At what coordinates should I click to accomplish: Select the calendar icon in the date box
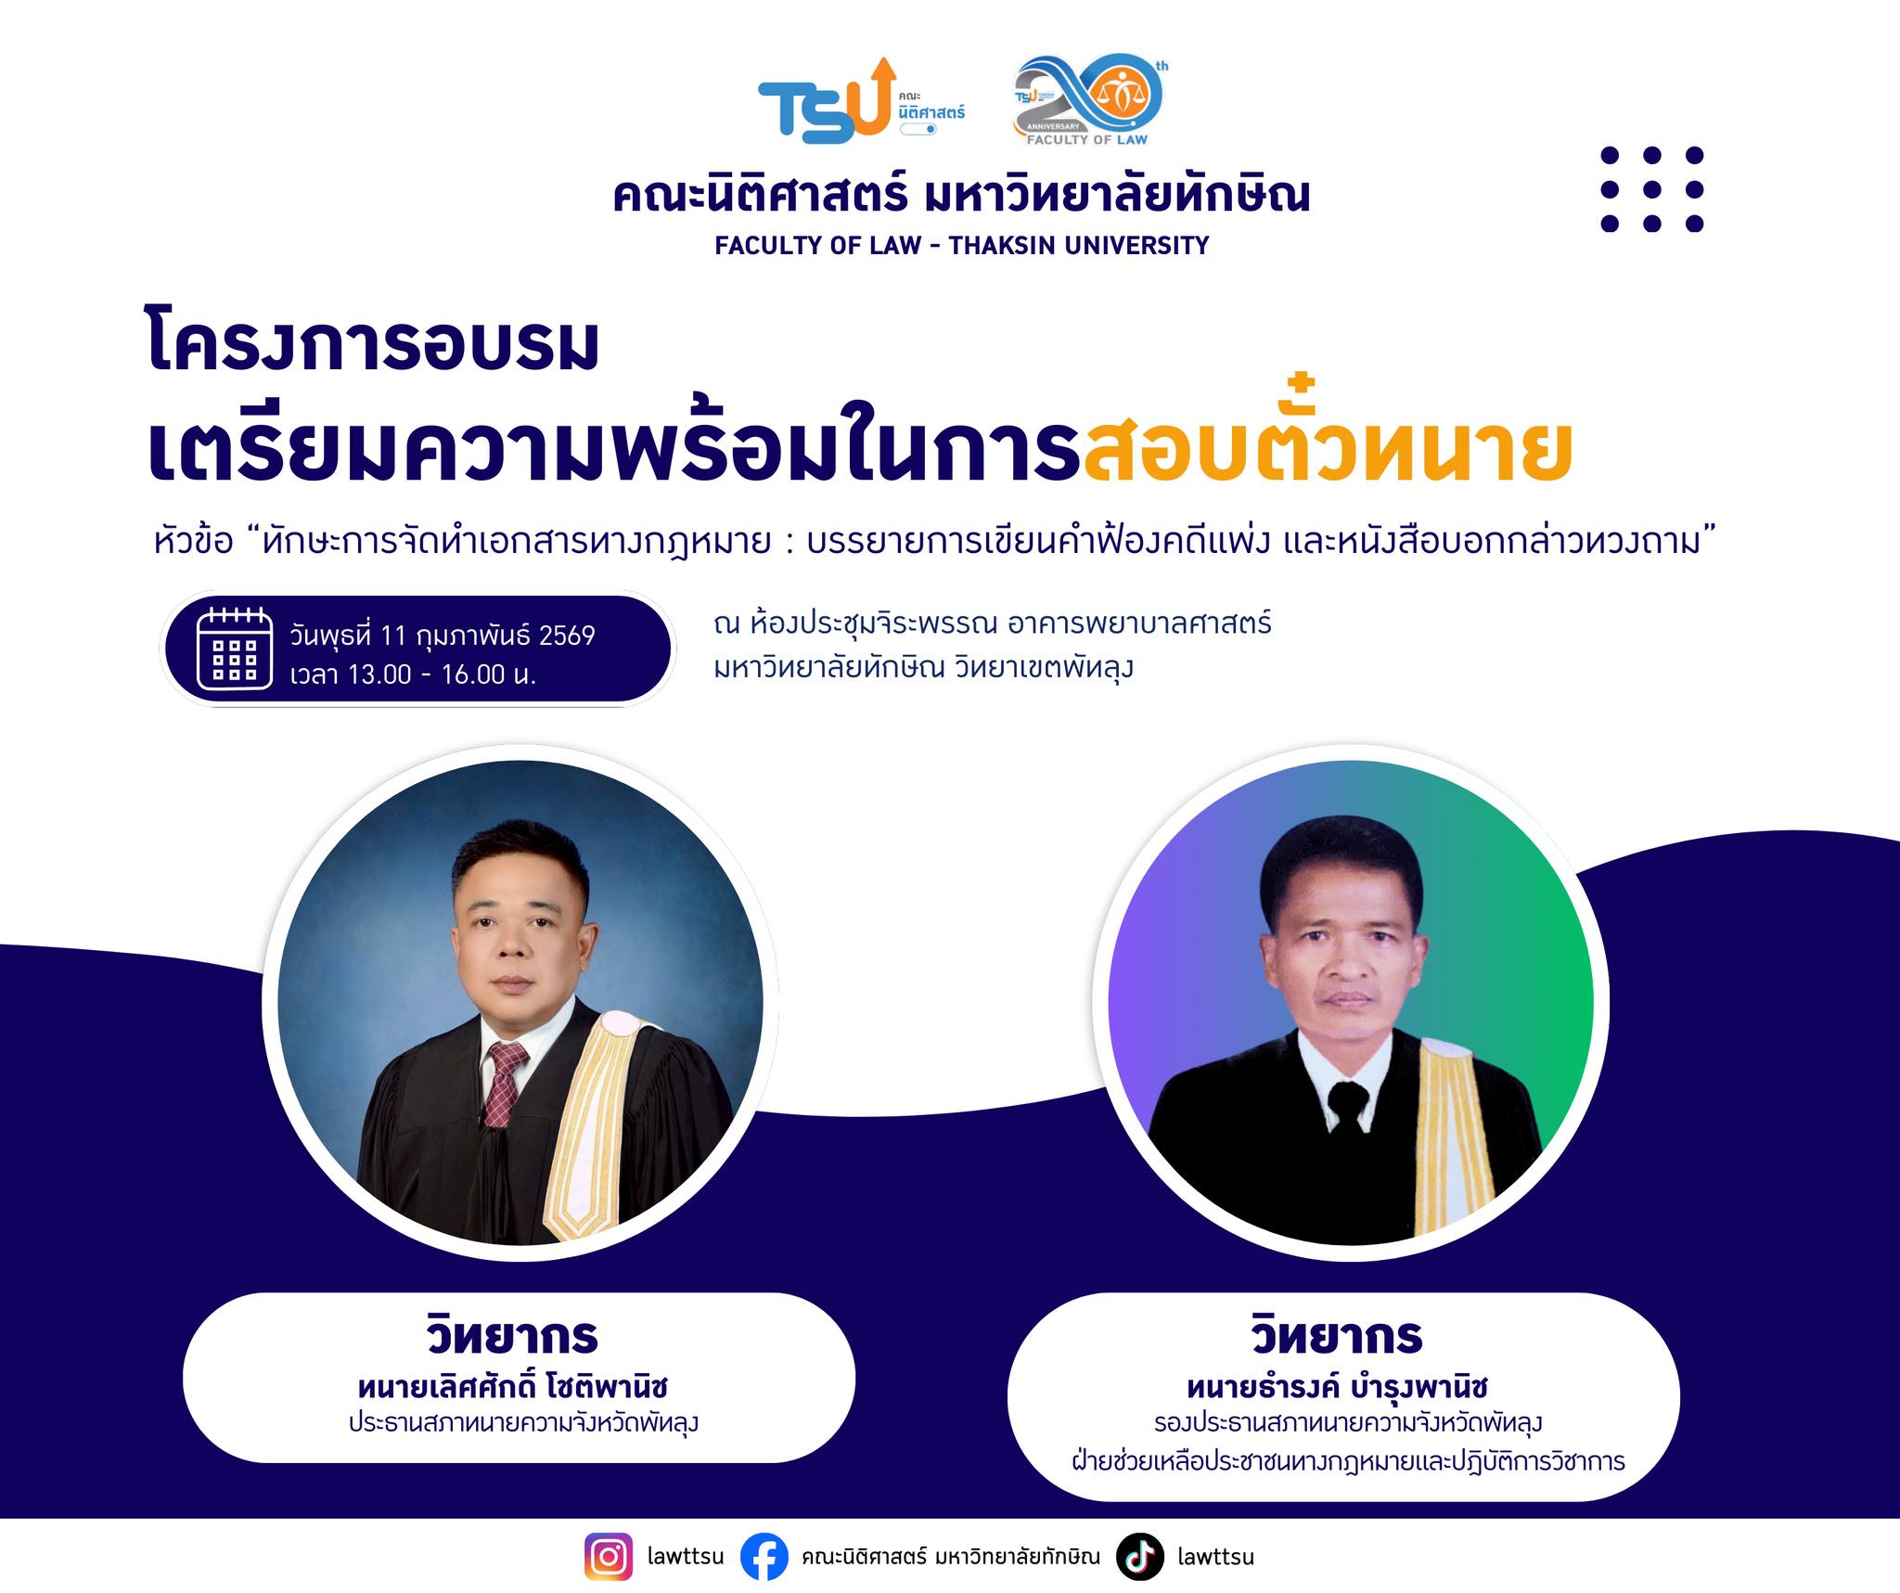(x=235, y=649)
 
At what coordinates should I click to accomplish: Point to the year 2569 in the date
(x=567, y=636)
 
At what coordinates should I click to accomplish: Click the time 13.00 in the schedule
(x=379, y=674)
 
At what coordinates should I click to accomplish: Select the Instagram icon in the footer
(x=609, y=1556)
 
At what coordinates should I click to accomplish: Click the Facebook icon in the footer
(x=764, y=1556)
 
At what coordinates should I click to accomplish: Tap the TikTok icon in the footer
(x=1140, y=1556)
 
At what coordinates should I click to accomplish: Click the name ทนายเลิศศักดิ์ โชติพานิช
(x=513, y=1387)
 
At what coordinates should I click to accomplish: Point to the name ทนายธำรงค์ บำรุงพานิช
(x=1337, y=1387)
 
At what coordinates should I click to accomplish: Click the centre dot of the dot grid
(x=1651, y=189)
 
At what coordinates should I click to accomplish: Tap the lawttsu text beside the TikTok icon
(x=1215, y=1557)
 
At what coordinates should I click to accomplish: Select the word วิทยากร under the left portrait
(x=513, y=1336)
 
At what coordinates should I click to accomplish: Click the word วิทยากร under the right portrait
(x=1337, y=1336)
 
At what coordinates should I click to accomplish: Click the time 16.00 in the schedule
(x=473, y=674)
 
